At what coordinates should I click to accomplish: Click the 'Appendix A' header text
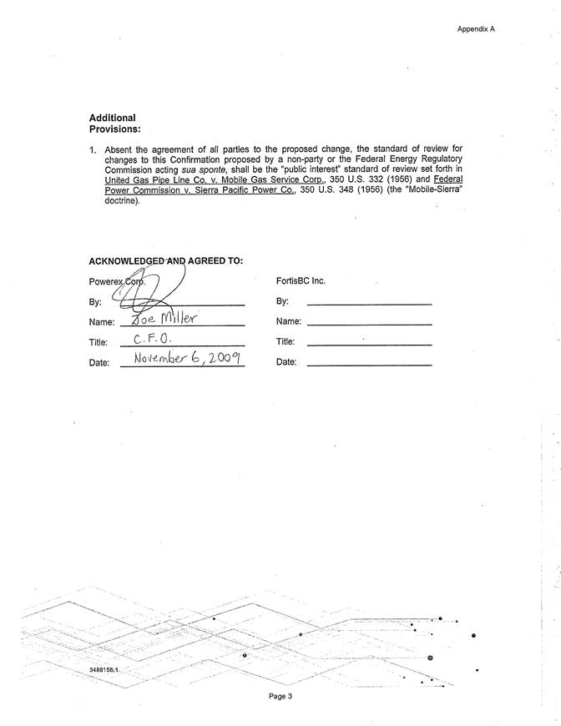pyautogui.click(x=476, y=28)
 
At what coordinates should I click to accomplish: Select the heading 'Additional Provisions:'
pyautogui.click(x=114, y=124)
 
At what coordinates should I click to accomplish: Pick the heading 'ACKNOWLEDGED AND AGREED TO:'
pyautogui.click(x=165, y=260)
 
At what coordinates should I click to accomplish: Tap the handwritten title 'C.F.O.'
pyautogui.click(x=153, y=340)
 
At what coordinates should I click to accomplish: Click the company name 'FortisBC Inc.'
pyautogui.click(x=300, y=281)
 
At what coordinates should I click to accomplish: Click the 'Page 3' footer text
pyautogui.click(x=280, y=696)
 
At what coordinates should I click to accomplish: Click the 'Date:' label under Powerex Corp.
pyautogui.click(x=99, y=362)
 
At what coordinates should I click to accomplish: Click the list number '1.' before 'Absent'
pyautogui.click(x=93, y=148)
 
